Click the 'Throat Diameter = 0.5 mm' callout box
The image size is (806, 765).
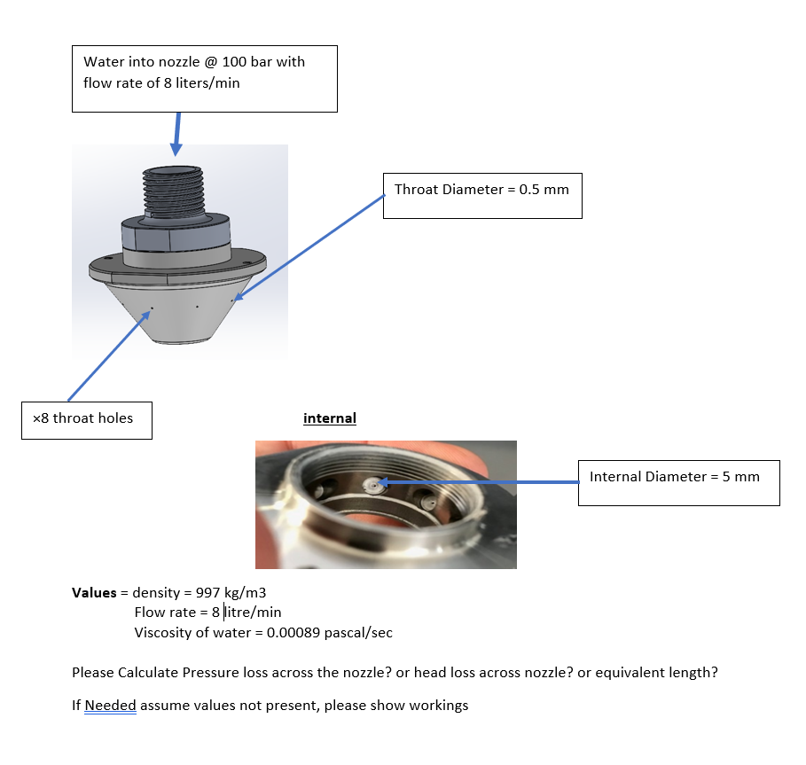tap(481, 195)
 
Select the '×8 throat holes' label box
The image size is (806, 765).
tap(86, 419)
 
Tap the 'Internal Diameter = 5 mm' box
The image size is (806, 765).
tap(678, 482)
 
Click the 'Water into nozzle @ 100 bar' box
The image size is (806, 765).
tap(204, 78)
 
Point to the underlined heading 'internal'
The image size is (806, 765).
tap(329, 418)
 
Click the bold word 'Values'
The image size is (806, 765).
tap(94, 592)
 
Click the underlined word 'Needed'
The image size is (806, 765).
tap(110, 706)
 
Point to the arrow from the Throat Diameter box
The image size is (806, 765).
tap(310, 247)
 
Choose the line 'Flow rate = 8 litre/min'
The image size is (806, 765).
tap(207, 613)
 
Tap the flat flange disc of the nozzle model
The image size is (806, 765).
tap(177, 265)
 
